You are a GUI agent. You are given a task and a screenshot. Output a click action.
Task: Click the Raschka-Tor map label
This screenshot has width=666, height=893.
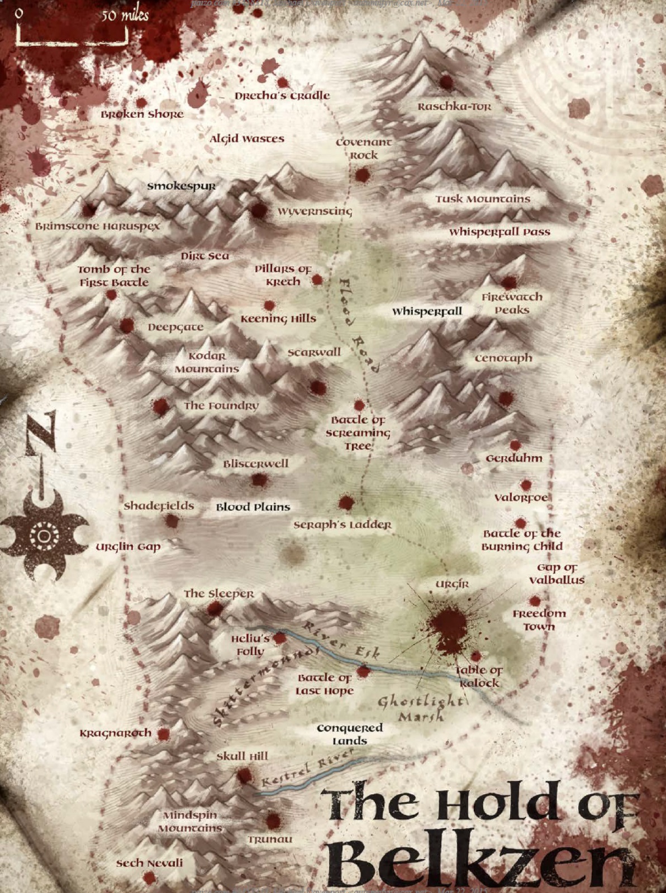[x=454, y=106]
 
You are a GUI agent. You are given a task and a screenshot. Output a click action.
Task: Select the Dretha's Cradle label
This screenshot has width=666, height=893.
[x=282, y=95]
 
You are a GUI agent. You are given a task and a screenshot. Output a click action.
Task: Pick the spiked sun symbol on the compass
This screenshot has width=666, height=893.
[x=44, y=536]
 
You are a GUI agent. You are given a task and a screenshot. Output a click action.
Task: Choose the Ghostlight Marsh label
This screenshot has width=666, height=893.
[x=420, y=708]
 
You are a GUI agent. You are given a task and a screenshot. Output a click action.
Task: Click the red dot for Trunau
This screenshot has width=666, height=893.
[x=273, y=820]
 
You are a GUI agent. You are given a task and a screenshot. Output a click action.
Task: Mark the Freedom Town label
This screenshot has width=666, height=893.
[x=539, y=620]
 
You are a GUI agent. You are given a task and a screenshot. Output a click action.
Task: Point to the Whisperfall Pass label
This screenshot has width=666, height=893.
[x=499, y=232]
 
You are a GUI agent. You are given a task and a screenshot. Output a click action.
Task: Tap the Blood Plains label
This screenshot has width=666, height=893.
[x=253, y=507]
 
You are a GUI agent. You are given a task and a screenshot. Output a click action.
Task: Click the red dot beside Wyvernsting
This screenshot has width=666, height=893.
[x=258, y=210]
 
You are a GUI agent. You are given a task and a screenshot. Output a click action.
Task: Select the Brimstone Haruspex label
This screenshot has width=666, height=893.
[x=98, y=226]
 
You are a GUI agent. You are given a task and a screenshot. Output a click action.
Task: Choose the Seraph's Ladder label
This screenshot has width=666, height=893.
[x=342, y=525]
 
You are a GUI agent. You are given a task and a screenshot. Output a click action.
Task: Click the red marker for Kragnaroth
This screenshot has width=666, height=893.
[x=163, y=734]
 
